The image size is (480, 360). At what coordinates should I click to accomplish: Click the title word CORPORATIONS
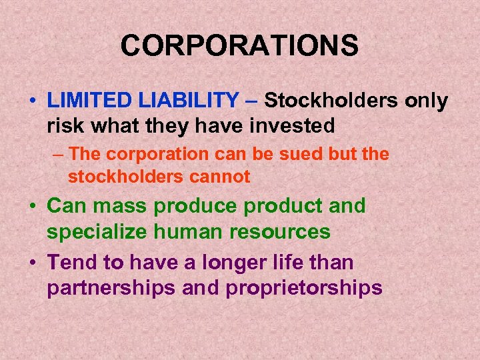[x=239, y=46]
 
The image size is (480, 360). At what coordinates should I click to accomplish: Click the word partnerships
[x=106, y=287]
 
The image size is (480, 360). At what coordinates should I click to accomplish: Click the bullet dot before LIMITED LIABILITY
[x=32, y=102]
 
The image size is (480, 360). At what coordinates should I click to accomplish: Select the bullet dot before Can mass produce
[x=32, y=207]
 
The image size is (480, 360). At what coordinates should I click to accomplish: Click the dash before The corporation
[x=59, y=154]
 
